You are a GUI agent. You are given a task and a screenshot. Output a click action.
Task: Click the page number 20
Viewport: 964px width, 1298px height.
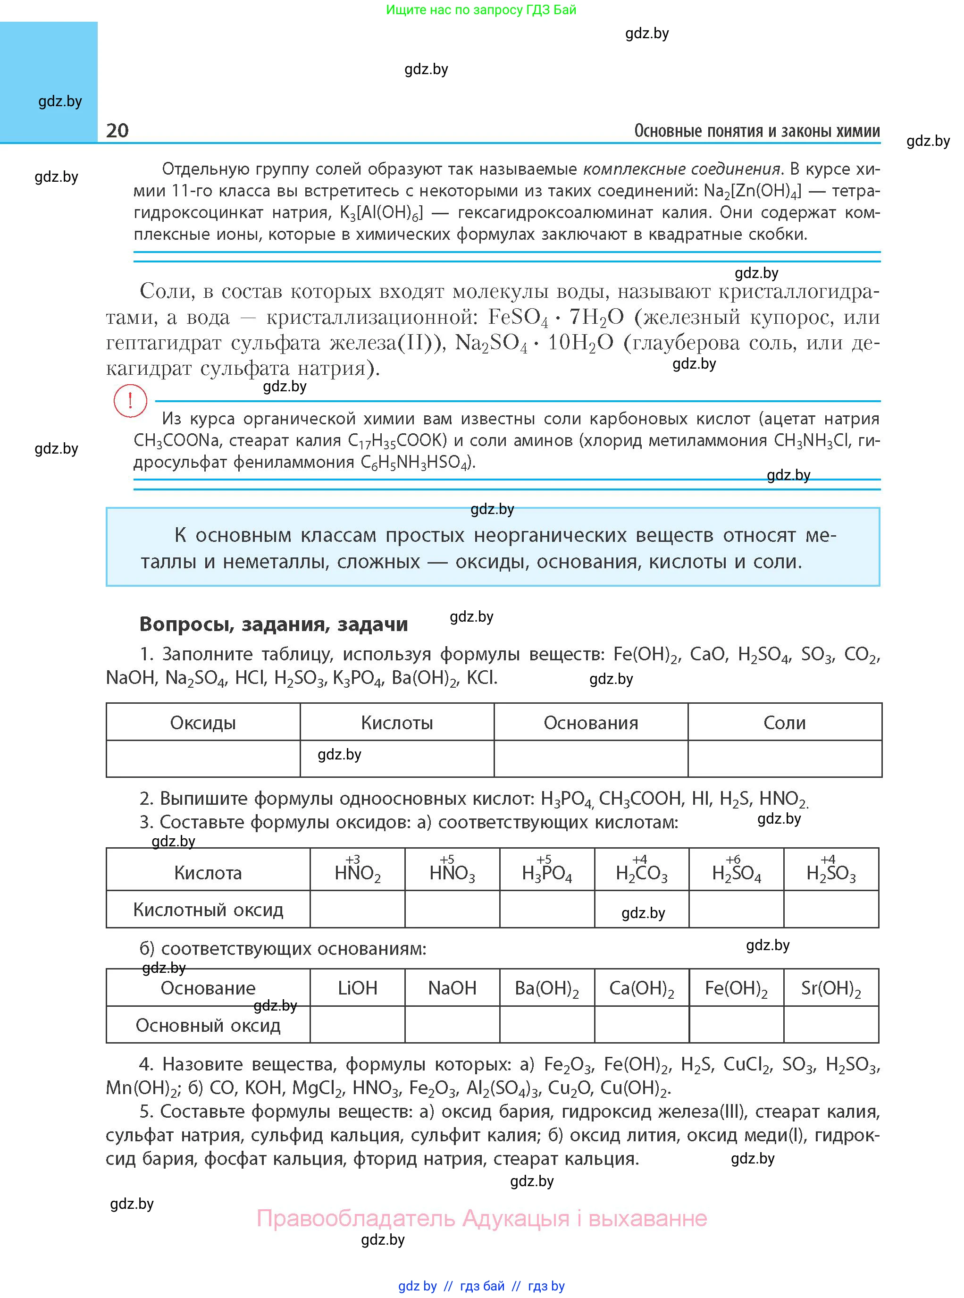tap(117, 130)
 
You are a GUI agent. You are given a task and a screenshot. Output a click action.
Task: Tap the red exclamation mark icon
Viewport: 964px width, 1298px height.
tap(130, 401)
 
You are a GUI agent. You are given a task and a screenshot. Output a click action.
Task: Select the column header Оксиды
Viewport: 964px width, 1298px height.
tap(202, 723)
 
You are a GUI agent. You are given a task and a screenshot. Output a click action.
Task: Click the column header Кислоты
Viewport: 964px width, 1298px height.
tap(397, 723)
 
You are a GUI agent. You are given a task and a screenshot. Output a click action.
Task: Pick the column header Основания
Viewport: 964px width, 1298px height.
tap(591, 723)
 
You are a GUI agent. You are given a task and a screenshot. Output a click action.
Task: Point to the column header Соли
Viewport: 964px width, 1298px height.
tap(784, 723)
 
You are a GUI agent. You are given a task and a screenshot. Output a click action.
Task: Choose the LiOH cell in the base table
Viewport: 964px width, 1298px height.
tap(357, 987)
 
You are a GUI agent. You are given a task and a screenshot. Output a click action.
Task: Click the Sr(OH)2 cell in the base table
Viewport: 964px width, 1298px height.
tap(831, 987)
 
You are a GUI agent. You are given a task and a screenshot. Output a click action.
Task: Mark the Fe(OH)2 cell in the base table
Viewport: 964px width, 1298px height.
tap(737, 987)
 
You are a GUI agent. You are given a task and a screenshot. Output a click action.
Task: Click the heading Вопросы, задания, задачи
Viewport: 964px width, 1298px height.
tap(274, 624)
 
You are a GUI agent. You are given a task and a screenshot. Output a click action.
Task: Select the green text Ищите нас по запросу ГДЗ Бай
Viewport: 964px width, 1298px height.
tap(481, 10)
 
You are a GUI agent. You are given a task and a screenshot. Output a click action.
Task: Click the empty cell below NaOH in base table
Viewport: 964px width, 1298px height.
tap(452, 1025)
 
